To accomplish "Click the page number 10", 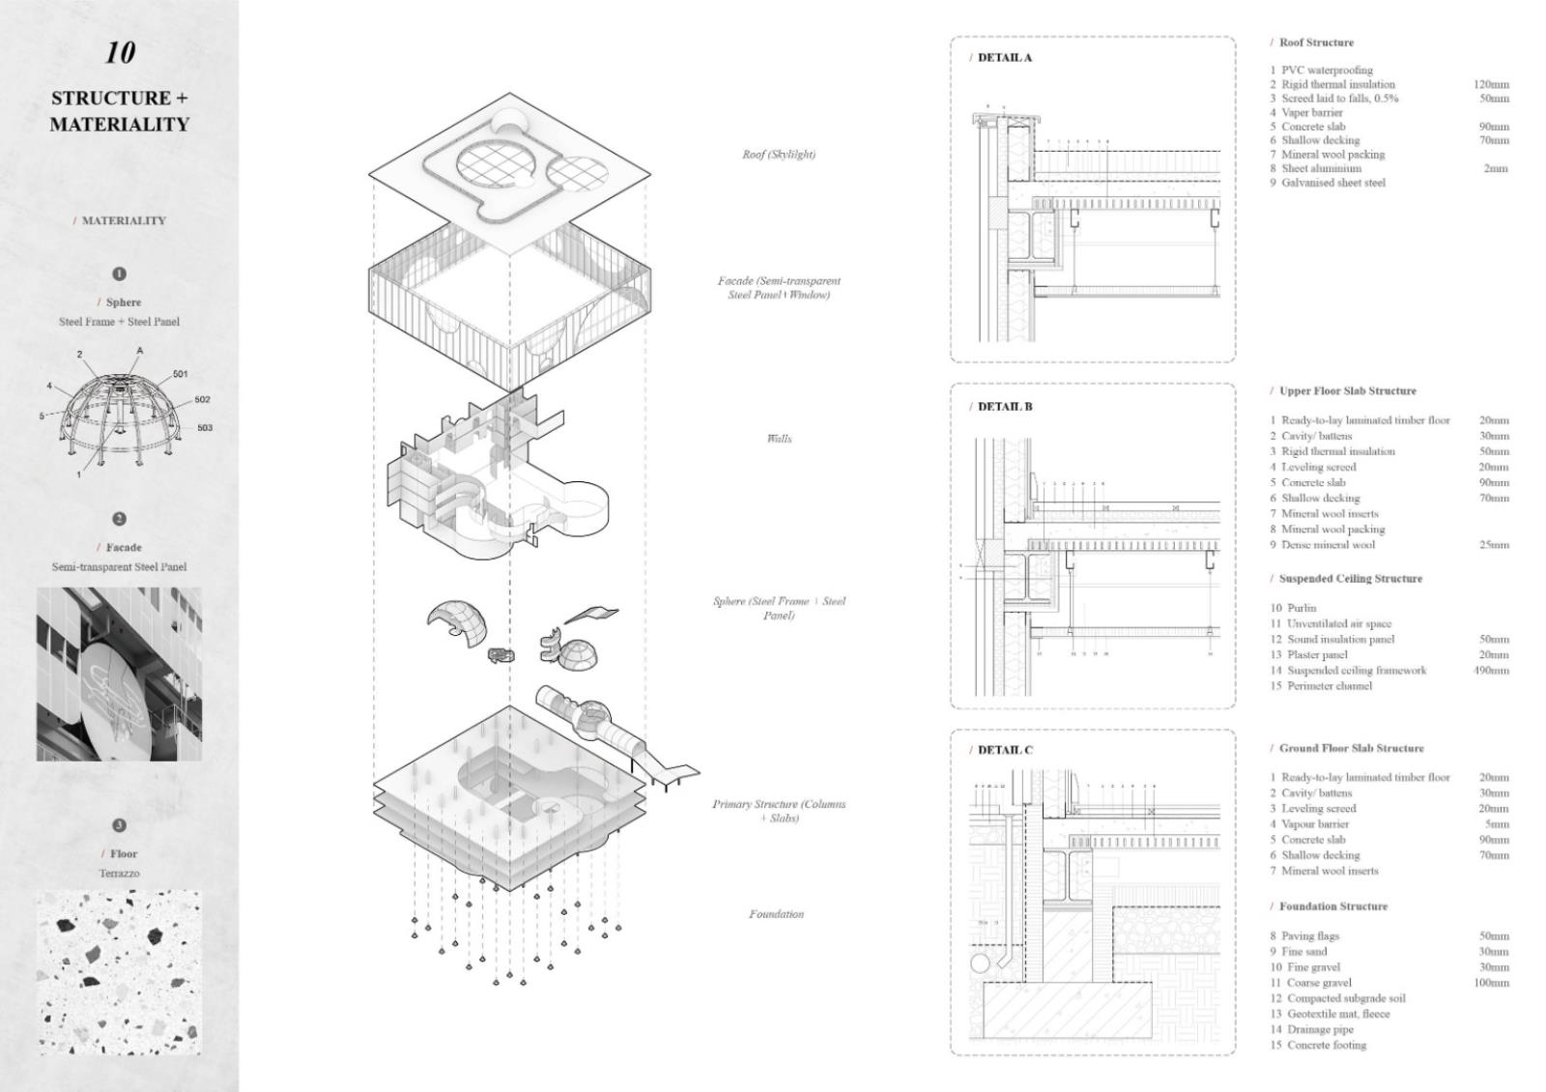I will coord(120,52).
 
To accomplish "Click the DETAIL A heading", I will coord(1004,58).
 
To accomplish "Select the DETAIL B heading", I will coord(1004,407).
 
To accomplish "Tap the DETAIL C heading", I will coord(1004,750).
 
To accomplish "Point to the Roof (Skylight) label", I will coord(779,155).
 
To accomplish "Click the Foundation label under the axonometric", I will coord(776,914).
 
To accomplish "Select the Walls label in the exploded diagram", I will coord(779,439).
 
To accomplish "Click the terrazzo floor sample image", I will coord(120,971).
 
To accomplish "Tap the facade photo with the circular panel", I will coord(120,675).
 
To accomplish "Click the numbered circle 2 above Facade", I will coord(120,519).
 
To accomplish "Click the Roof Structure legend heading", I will coord(1316,43).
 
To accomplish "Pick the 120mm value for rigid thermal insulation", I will coord(1491,85).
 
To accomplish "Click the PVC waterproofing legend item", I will coord(1326,71).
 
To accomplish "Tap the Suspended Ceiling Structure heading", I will coord(1350,579).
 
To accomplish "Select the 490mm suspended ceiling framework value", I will coord(1491,671).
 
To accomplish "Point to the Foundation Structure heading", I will coord(1332,906).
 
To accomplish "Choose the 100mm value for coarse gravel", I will coord(1491,983).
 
